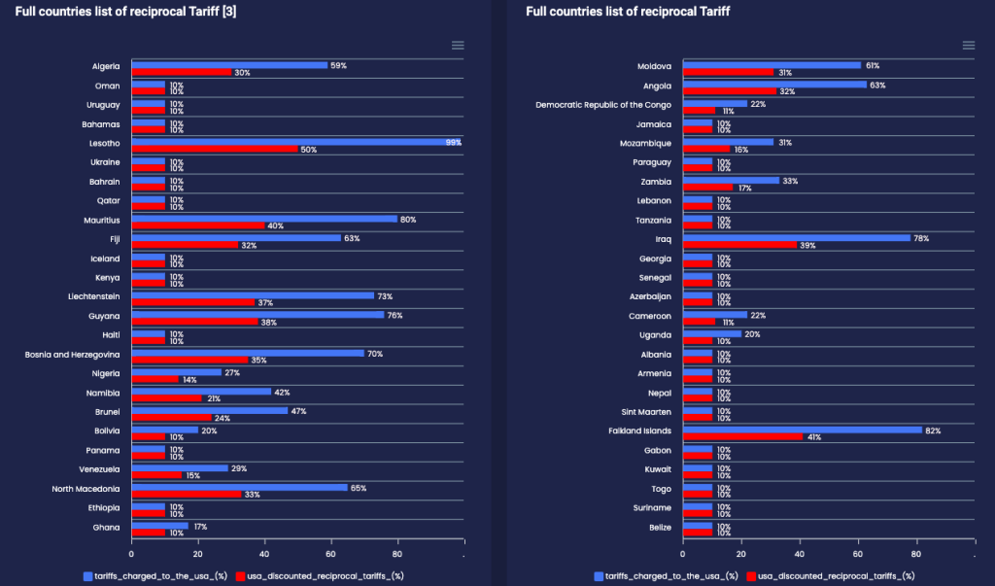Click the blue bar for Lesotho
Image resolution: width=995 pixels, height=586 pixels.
pos(296,142)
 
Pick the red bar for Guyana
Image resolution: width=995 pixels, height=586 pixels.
pos(195,322)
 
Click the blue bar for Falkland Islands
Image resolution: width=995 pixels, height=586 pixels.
pos(803,430)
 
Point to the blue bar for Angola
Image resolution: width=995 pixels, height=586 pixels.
pos(774,85)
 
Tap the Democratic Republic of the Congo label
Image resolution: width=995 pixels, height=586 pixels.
pos(603,105)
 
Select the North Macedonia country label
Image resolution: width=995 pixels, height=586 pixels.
pos(86,488)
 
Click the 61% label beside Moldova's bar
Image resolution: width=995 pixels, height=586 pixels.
pos(871,65)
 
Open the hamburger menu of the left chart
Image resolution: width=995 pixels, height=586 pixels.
pos(458,45)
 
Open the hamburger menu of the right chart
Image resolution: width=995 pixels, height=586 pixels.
pos(968,45)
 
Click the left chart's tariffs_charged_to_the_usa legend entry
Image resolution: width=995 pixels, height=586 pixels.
pos(154,575)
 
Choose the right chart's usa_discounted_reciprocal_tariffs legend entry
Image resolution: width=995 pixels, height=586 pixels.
pos(832,575)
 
